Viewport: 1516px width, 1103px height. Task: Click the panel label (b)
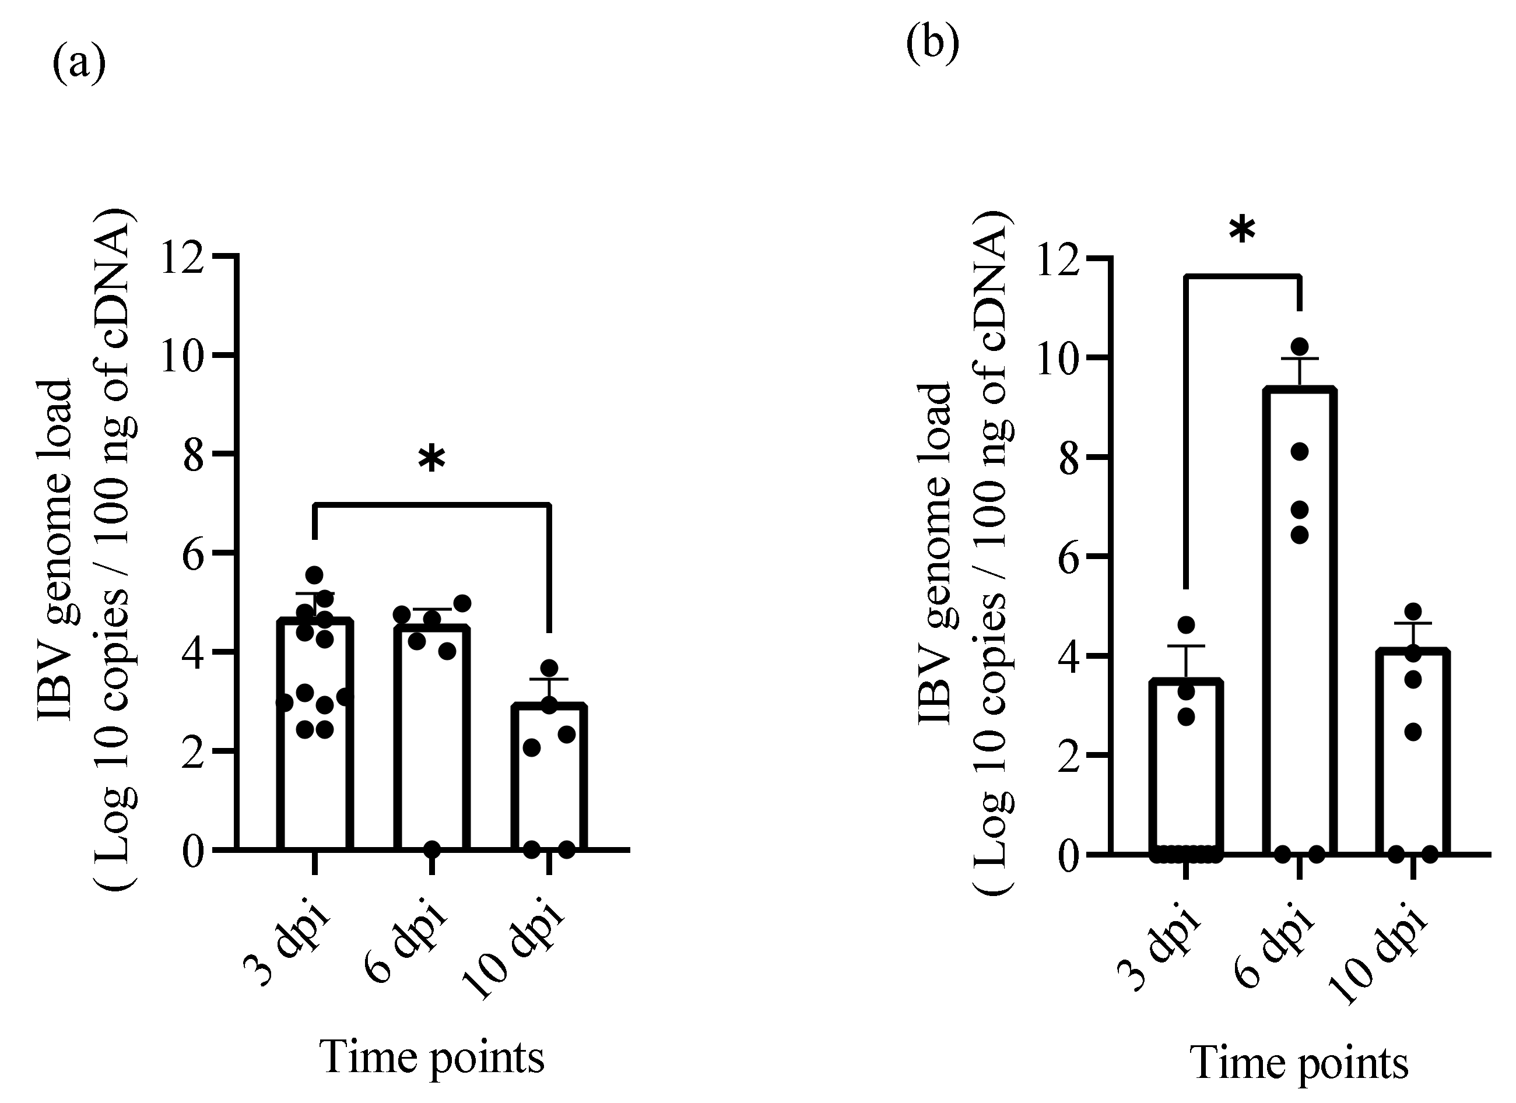pos(932,44)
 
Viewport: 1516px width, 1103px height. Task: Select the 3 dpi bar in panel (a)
pos(315,735)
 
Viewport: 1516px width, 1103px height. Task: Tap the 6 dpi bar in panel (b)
pos(1300,621)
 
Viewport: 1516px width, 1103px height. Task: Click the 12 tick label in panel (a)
pos(182,257)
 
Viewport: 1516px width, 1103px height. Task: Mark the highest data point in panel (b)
pos(1300,346)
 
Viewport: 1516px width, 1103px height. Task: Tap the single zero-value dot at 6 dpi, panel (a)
pos(433,849)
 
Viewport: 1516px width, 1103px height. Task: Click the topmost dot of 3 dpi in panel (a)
pos(314,574)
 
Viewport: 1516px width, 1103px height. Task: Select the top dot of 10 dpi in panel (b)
pos(1412,611)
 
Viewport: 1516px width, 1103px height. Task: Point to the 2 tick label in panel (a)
pos(193,751)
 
